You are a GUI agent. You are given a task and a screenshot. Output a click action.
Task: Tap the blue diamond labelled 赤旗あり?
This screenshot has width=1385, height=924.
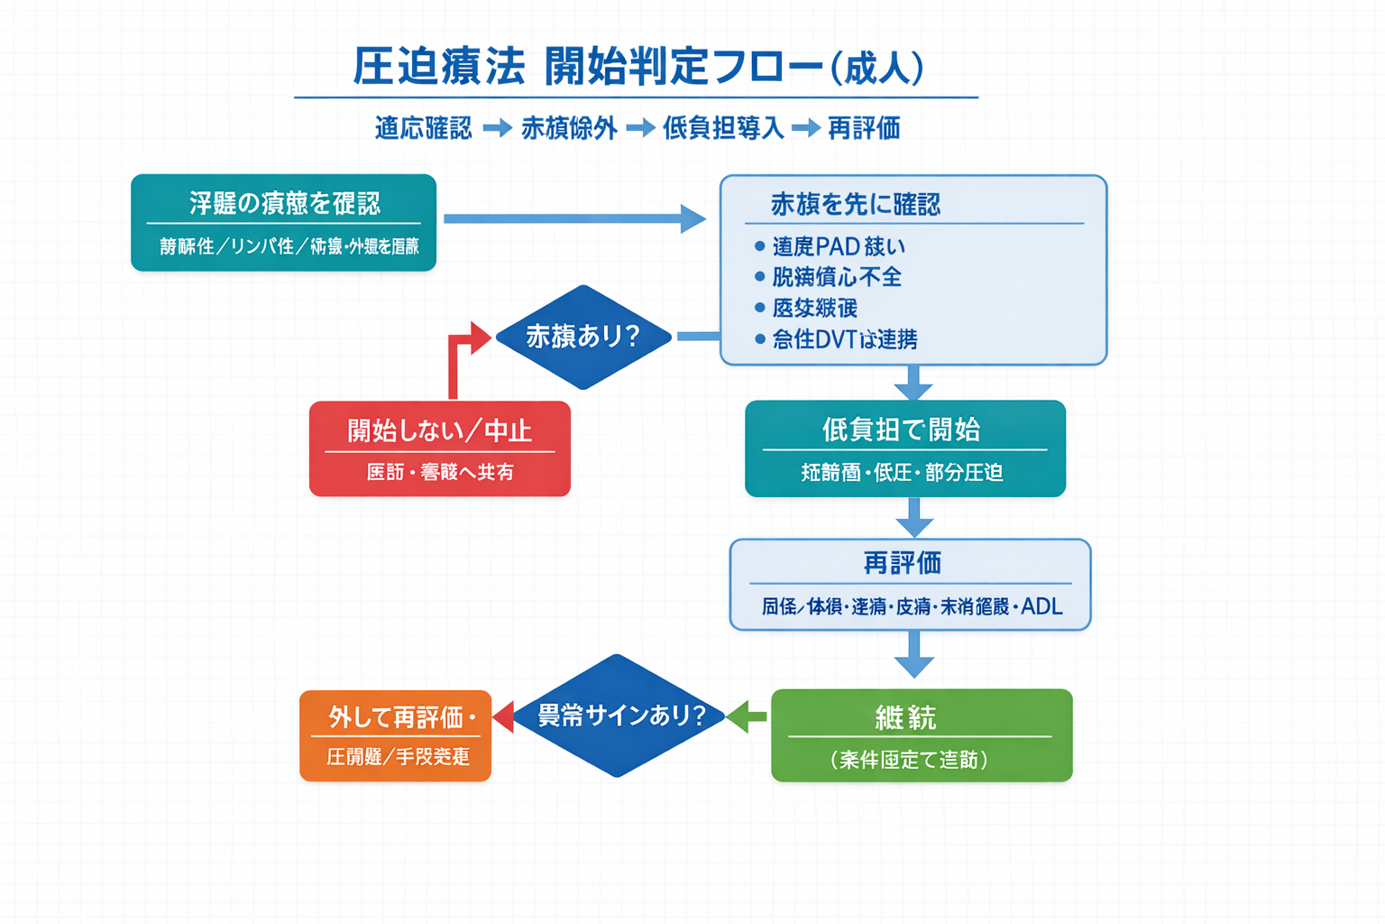(x=583, y=337)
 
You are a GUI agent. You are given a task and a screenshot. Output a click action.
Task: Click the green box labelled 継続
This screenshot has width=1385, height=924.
(x=921, y=735)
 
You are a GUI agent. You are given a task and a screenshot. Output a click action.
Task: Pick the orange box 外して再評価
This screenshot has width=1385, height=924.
(x=395, y=735)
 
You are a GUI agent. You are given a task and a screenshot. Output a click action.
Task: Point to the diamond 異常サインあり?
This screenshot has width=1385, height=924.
(x=619, y=716)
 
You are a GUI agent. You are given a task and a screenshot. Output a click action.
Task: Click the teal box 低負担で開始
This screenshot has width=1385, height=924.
(x=904, y=448)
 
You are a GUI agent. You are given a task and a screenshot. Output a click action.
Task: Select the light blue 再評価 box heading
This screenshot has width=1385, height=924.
(x=903, y=564)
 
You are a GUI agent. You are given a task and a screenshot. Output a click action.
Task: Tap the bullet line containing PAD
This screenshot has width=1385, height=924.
(x=838, y=246)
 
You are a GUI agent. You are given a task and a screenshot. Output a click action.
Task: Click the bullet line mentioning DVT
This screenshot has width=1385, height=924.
(x=844, y=339)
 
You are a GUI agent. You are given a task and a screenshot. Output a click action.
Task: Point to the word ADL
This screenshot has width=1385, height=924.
(x=1042, y=606)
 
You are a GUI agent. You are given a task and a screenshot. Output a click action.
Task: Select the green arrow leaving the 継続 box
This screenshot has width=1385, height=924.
(x=748, y=716)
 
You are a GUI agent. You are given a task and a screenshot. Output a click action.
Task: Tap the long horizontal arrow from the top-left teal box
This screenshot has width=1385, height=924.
(x=573, y=218)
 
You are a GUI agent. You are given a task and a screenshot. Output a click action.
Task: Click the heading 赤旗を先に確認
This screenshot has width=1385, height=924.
(x=855, y=205)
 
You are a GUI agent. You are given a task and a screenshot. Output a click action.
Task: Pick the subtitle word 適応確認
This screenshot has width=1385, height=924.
(x=423, y=128)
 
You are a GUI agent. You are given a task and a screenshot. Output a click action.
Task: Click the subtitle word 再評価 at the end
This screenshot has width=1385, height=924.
(x=864, y=128)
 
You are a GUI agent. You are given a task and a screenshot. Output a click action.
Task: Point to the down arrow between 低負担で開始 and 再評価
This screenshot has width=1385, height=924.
(x=914, y=517)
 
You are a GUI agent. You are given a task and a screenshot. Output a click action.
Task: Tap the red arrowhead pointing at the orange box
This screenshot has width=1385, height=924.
(x=503, y=716)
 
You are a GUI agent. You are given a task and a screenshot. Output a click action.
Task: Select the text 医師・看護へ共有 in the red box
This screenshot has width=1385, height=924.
(x=440, y=472)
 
